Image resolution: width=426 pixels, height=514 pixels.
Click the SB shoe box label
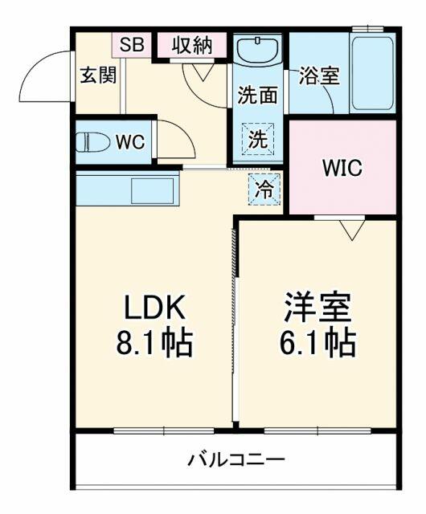(132, 45)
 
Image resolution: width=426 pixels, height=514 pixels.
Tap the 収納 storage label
(192, 45)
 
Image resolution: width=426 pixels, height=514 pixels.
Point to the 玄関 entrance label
(98, 75)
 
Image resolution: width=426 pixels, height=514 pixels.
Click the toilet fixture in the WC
(93, 142)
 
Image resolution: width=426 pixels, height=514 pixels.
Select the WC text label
(130, 142)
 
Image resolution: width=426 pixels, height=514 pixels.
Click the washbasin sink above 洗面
(258, 50)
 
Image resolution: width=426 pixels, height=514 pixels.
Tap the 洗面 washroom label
(258, 95)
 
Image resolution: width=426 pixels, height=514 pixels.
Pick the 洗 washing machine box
(258, 139)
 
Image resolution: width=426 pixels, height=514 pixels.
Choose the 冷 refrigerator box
(264, 190)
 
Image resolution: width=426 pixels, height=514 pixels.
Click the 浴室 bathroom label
(319, 75)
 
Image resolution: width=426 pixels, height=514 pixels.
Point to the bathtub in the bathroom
(372, 73)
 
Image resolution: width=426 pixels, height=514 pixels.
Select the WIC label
(342, 168)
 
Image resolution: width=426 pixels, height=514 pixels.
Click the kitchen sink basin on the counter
(152, 190)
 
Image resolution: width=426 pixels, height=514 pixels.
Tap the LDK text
(154, 308)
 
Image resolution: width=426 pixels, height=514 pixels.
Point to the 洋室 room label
(317, 308)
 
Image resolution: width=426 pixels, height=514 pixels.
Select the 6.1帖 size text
(317, 343)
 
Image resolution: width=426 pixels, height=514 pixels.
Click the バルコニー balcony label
(236, 460)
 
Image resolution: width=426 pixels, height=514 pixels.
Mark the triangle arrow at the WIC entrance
(352, 230)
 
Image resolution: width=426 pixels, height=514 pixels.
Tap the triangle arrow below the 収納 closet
(203, 71)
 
